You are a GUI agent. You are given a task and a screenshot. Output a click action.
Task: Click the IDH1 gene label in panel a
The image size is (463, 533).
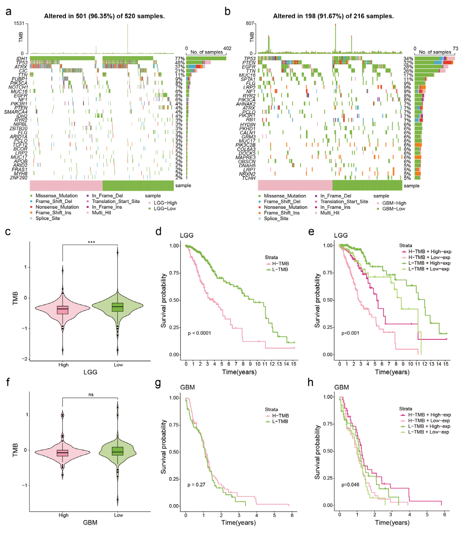[22, 59]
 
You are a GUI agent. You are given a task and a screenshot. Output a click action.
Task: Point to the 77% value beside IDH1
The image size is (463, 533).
[180, 59]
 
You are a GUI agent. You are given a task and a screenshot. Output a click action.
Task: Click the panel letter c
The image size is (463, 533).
[8, 232]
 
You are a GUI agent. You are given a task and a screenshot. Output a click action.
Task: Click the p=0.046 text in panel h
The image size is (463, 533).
[350, 484]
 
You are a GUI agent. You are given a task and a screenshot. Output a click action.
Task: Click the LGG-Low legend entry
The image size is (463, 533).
[165, 209]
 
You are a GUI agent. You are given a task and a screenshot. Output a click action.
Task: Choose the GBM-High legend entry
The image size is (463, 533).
[394, 203]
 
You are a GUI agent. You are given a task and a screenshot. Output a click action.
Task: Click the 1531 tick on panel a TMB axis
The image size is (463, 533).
[19, 23]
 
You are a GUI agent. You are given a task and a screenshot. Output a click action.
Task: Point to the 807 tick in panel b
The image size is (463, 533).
[250, 23]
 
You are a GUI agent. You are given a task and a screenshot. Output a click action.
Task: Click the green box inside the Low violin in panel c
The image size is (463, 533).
[118, 307]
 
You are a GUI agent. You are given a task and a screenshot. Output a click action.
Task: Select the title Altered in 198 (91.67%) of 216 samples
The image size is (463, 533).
[333, 16]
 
